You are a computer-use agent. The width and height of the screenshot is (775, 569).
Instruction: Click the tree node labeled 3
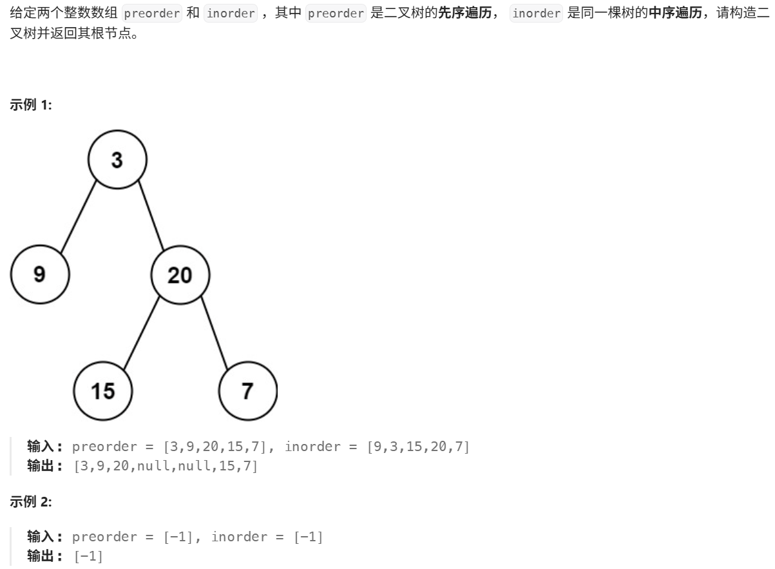(117, 160)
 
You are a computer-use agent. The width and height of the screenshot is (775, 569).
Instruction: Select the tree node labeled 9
(39, 275)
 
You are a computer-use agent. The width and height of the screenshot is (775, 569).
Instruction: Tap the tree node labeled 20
(180, 275)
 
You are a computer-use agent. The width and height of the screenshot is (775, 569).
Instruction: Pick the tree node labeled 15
(103, 391)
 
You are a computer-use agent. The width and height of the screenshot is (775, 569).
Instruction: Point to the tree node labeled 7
(248, 391)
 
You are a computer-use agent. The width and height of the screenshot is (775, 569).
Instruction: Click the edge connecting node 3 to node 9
(79, 218)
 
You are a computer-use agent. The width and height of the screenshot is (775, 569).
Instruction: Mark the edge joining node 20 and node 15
(141, 333)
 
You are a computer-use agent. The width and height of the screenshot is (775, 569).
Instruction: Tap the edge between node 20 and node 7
(215, 333)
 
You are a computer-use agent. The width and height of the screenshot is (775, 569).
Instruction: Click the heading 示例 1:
(31, 105)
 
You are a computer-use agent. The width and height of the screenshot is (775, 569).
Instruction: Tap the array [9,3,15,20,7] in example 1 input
(418, 446)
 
